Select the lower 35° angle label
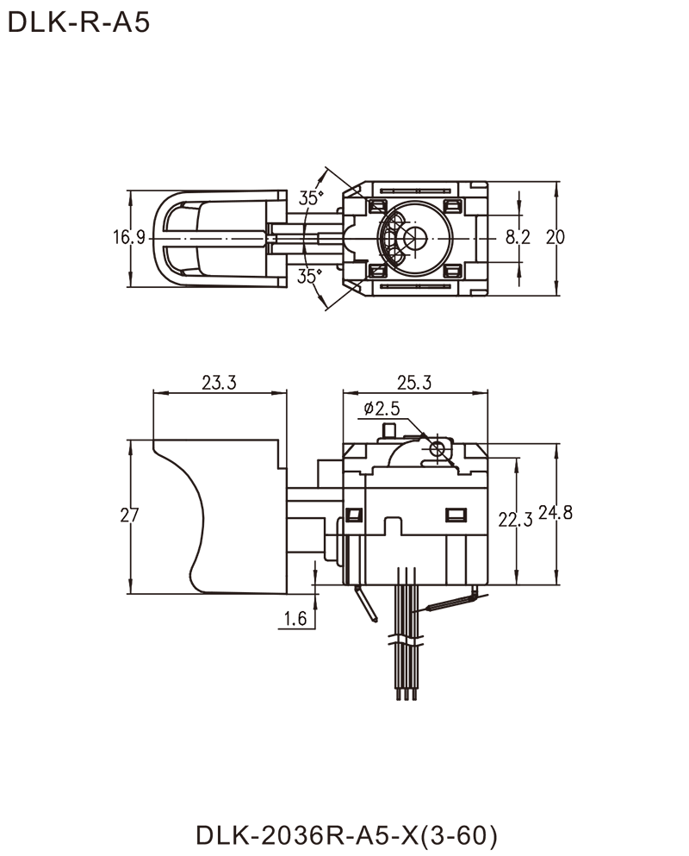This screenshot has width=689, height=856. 310,277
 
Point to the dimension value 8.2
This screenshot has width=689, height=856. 512,236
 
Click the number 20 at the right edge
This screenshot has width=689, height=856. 556,236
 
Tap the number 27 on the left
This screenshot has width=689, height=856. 128,516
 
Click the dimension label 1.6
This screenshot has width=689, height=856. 298,617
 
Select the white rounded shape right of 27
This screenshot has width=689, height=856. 155,515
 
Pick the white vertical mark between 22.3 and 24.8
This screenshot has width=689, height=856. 536,515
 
